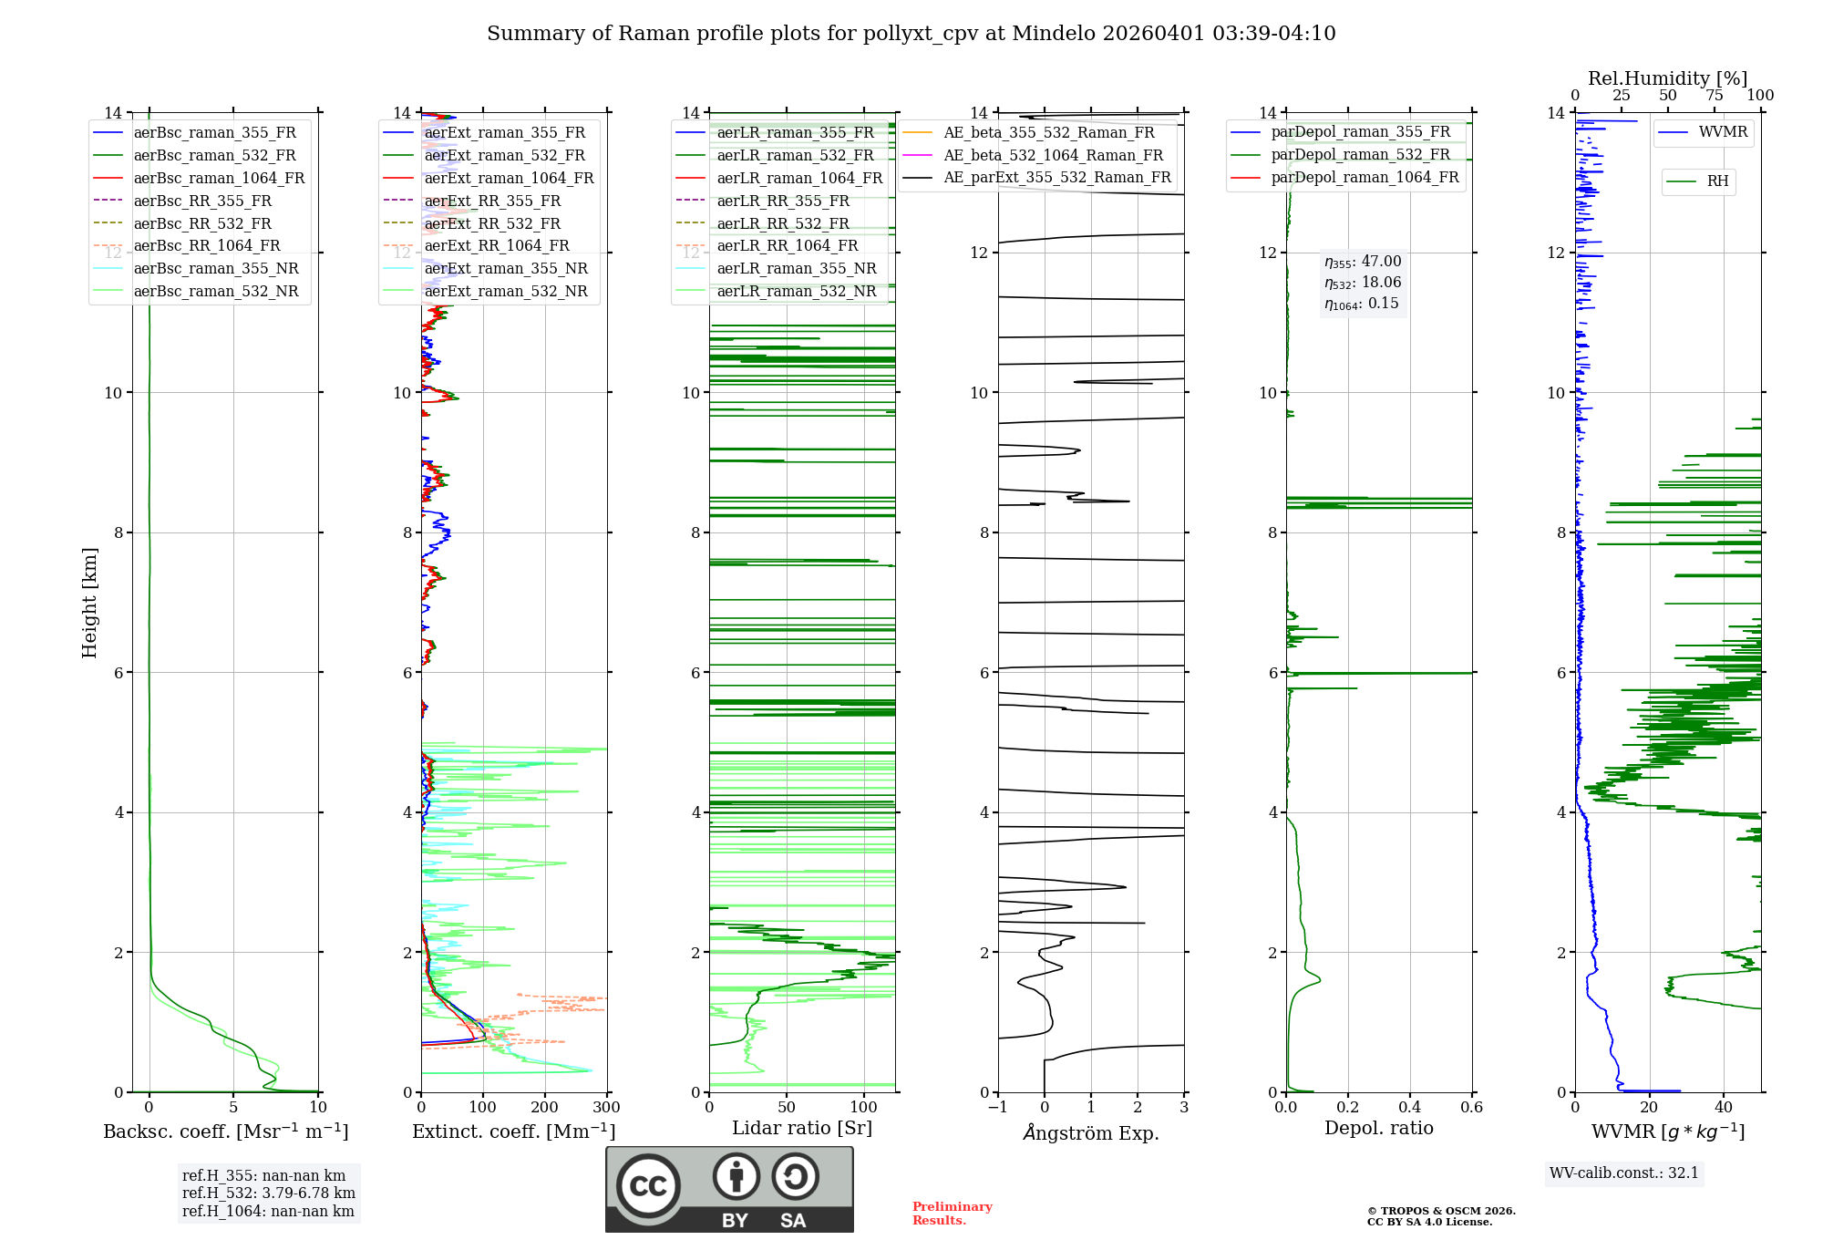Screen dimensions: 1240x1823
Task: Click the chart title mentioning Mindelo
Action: coord(911,34)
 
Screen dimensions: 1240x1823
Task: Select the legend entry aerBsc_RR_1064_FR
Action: coord(206,246)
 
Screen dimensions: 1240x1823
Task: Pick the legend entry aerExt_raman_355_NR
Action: coord(505,269)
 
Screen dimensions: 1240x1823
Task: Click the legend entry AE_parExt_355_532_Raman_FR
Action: coord(1056,178)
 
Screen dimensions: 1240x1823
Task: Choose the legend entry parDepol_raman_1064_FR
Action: coord(1364,178)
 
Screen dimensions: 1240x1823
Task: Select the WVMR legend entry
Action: coord(1722,132)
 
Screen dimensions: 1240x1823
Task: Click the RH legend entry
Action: coord(1717,181)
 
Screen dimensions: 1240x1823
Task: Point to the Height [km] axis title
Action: coord(89,603)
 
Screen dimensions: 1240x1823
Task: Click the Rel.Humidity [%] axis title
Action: coord(1667,78)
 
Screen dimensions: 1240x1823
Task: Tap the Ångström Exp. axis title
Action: coord(1091,1133)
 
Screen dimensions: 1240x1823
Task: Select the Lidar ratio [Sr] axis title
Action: coord(802,1129)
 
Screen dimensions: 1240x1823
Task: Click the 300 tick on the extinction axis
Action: coord(606,1108)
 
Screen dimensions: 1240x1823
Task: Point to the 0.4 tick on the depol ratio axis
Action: coord(1410,1108)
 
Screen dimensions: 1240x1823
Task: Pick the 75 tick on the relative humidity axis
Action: coord(1715,96)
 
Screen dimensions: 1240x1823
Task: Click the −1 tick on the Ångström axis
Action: coord(998,1108)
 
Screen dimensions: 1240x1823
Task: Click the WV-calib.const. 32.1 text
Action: coord(1623,1173)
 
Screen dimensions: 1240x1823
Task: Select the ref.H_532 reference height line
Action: coord(268,1193)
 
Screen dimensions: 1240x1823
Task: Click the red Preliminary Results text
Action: coord(952,1214)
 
